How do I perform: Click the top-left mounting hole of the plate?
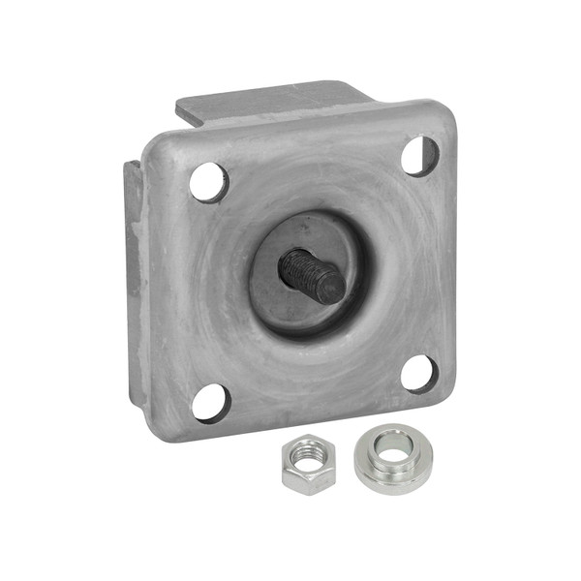pos(208,182)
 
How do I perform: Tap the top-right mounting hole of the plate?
pos(419,155)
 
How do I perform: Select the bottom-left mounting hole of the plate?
pos(211,402)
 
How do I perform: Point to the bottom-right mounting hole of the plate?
pos(419,374)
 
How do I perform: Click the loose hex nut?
pos(307,464)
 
